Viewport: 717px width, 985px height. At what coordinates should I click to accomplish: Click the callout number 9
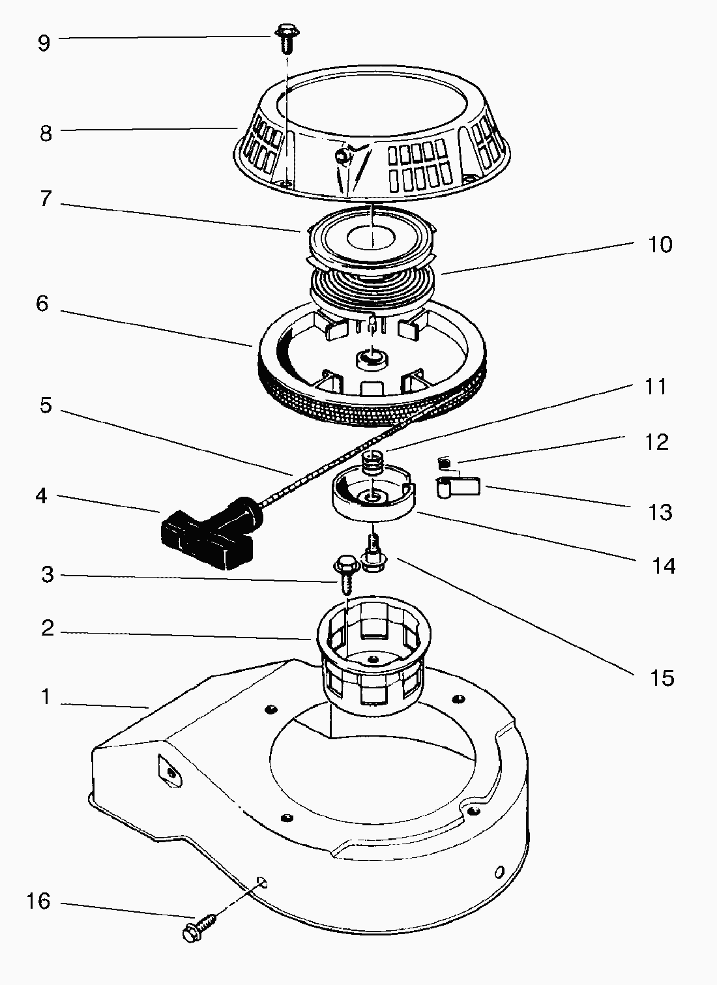[x=43, y=44]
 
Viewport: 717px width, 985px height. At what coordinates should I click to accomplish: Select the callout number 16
[x=38, y=901]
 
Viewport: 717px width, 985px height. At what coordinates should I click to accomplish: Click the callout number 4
[x=42, y=496]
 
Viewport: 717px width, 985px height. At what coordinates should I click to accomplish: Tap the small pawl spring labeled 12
[x=444, y=463]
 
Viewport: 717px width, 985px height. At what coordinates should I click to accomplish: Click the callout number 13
[x=660, y=512]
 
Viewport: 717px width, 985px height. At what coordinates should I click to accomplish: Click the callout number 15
[x=662, y=678]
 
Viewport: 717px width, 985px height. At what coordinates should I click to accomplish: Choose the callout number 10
[x=660, y=244]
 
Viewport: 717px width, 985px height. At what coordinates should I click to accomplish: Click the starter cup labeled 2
[x=370, y=658]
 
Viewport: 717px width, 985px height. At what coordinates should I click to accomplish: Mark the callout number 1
[x=46, y=697]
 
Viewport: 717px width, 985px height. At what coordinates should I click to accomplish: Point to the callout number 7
[x=44, y=198]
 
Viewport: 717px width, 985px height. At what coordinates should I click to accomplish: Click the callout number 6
[x=42, y=304]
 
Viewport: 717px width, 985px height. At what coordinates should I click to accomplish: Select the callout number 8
[x=45, y=133]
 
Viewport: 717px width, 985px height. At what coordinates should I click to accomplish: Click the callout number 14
[x=664, y=566]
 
